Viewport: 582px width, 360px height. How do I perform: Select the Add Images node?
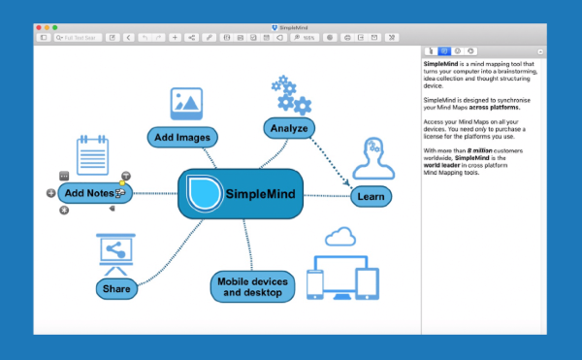pos(180,137)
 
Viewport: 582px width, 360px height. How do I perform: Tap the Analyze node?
pos(289,127)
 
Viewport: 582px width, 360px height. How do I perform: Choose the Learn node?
pos(371,196)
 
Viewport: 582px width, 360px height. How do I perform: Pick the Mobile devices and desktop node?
pos(251,286)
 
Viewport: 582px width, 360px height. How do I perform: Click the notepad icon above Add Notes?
pos(92,156)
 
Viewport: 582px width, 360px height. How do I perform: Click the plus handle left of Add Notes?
pos(51,193)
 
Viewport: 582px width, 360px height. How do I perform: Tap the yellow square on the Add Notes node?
pos(121,182)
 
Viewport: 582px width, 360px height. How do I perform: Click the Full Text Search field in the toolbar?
pos(78,37)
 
